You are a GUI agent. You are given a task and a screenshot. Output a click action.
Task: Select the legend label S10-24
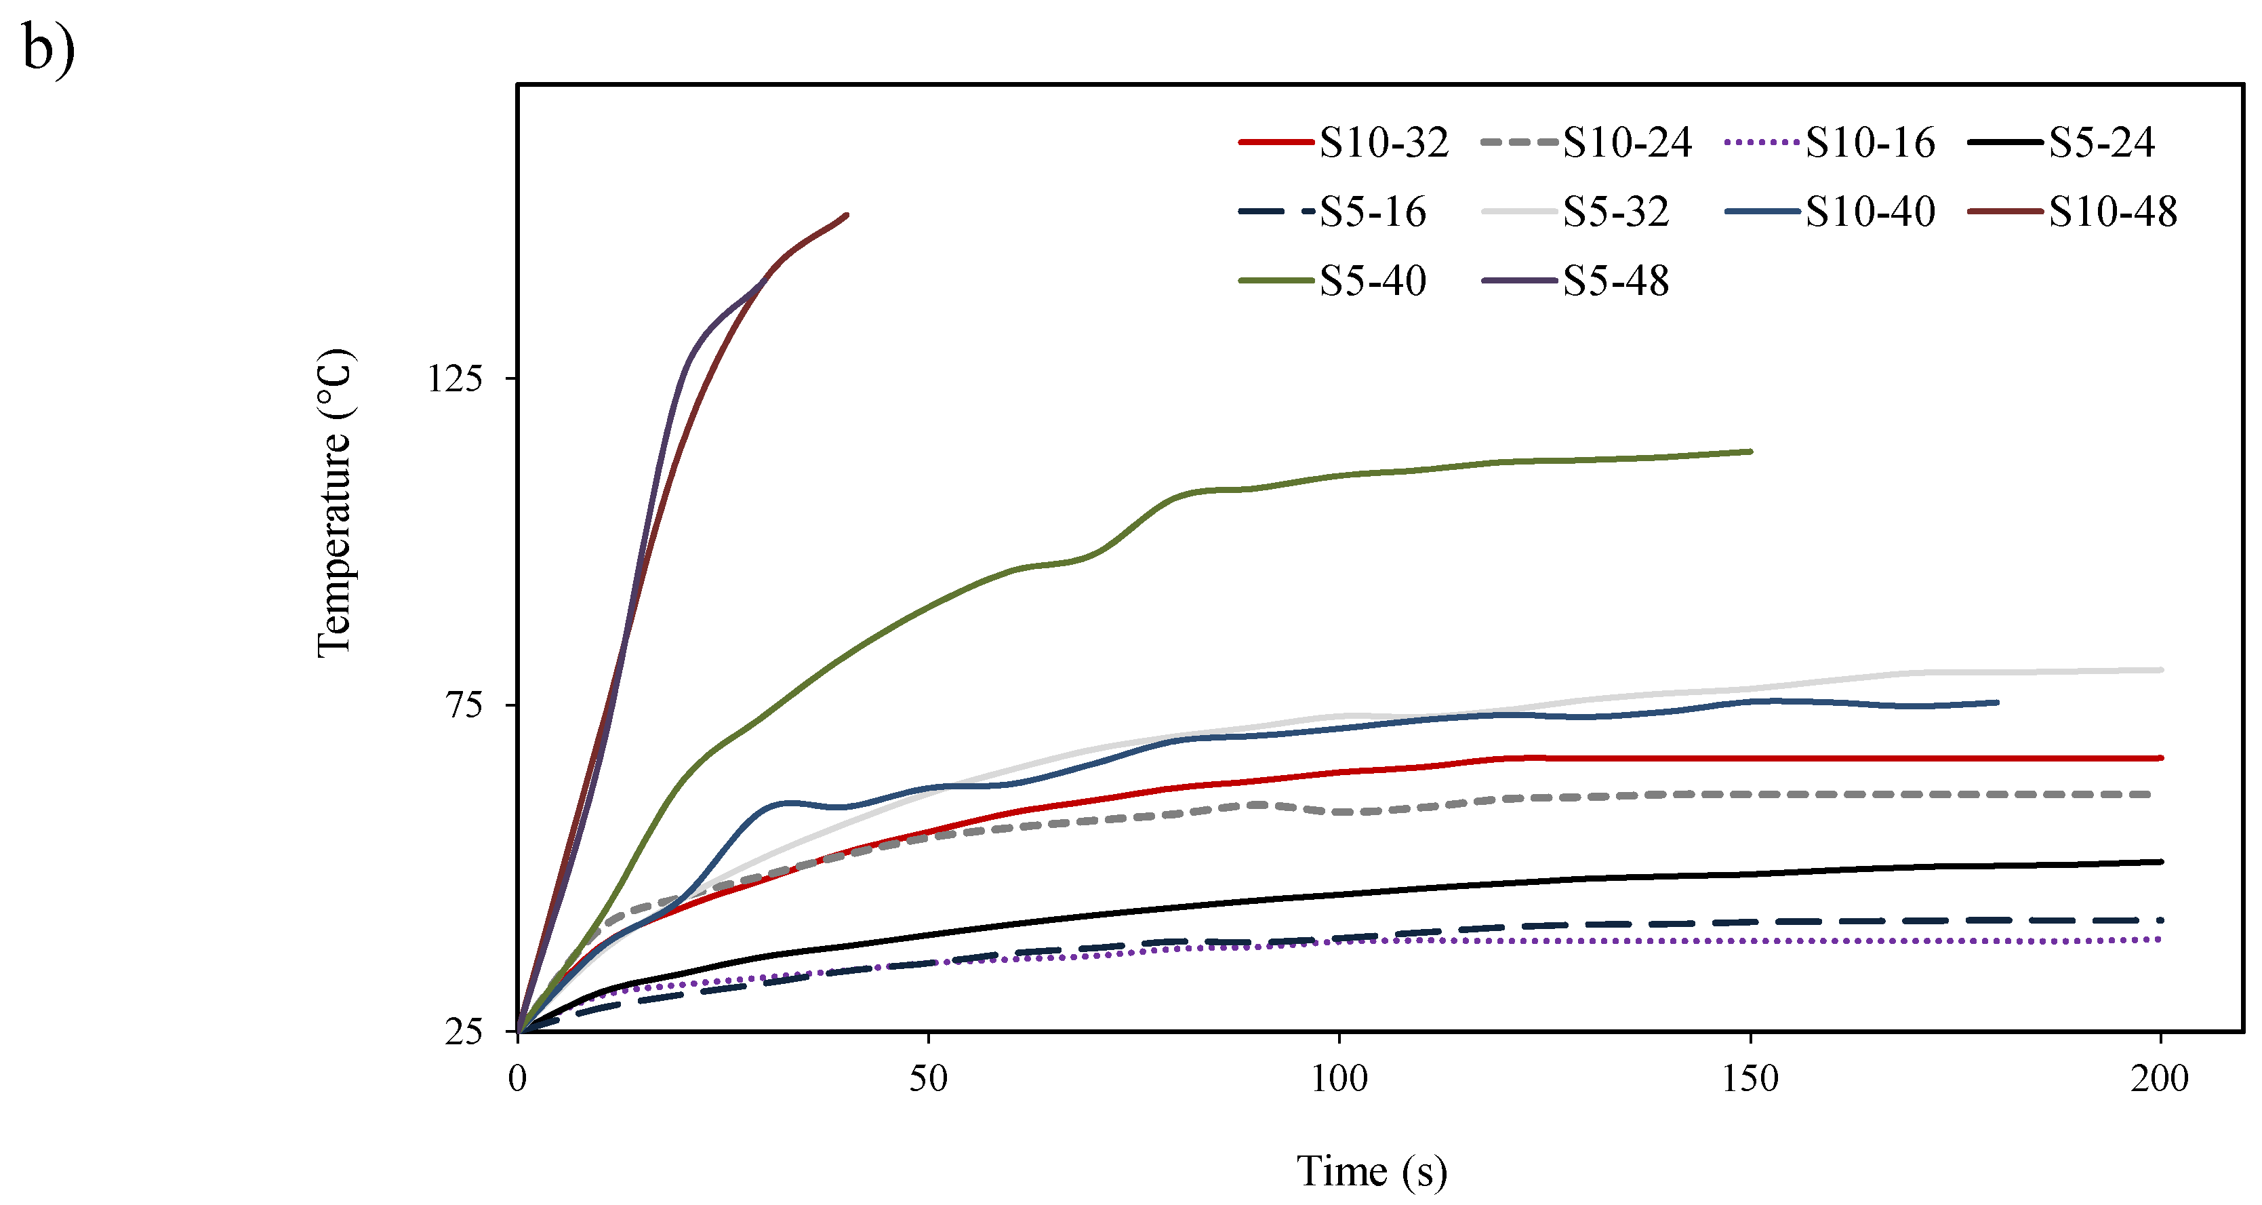1626,142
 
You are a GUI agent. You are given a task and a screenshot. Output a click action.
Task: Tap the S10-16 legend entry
1870,142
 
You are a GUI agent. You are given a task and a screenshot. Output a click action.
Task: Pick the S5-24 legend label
2101,142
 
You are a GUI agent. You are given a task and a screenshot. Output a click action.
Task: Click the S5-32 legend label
1616,212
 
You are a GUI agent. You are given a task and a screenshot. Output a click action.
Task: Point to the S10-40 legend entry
1870,212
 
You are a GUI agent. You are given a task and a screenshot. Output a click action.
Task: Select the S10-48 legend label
2113,212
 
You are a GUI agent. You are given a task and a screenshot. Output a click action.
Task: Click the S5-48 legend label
1616,281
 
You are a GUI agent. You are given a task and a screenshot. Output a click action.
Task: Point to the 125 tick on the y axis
455,378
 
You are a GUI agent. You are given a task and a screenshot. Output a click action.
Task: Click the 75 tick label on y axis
466,705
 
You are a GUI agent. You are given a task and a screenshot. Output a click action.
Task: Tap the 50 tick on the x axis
928,1078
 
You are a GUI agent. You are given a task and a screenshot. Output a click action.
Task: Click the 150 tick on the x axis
1750,1078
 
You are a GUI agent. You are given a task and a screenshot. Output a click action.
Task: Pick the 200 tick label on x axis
2160,1078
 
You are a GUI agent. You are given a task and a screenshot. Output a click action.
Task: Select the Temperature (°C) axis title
335,503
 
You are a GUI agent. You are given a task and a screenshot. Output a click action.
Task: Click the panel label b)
48,48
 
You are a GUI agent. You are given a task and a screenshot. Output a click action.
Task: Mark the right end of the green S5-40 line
1751,452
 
